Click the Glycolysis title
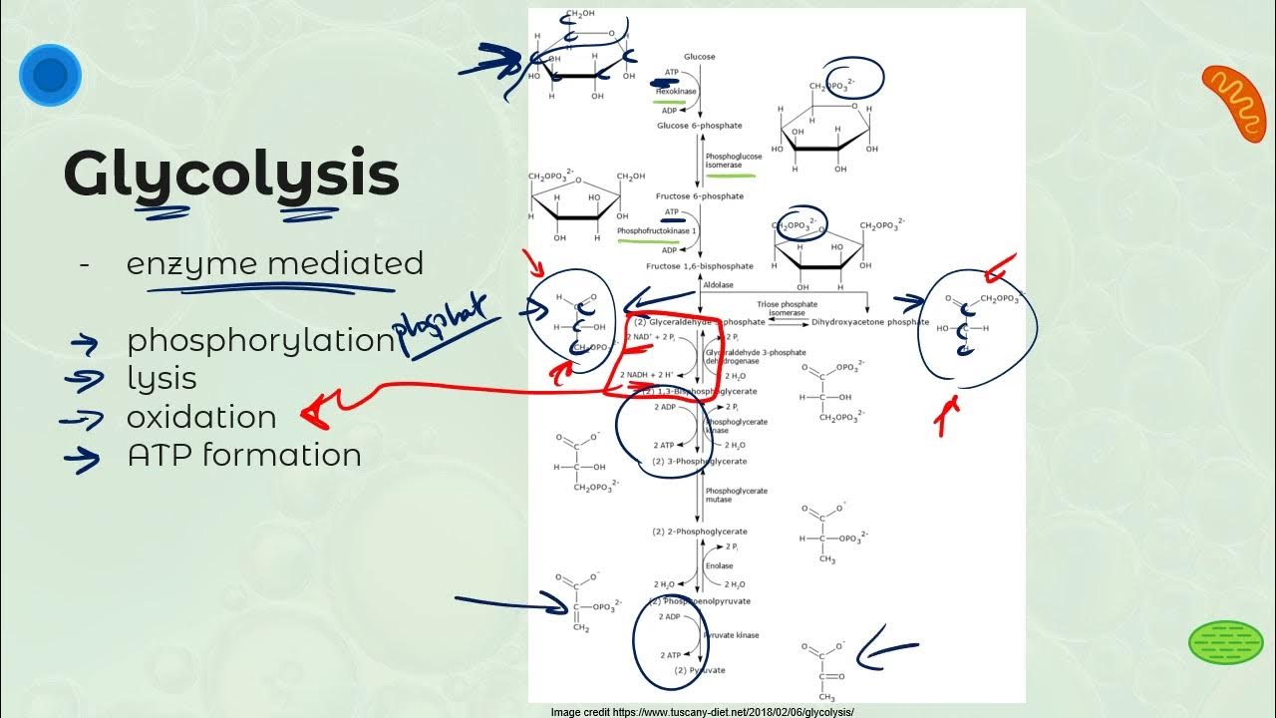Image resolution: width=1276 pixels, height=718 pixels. tap(231, 175)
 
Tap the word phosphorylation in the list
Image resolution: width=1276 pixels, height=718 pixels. tap(261, 341)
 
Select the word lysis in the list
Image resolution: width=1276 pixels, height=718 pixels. tap(161, 379)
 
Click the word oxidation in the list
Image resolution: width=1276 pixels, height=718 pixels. tap(201, 417)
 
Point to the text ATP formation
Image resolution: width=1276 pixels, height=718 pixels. tap(244, 456)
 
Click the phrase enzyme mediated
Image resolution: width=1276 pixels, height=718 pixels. tap(275, 264)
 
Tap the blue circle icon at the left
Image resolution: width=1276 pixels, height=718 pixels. tap(50, 75)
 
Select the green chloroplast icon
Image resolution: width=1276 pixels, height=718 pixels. tap(1226, 642)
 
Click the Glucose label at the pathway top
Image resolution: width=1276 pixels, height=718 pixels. tap(699, 57)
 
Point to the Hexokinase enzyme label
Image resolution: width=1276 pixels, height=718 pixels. tap(675, 91)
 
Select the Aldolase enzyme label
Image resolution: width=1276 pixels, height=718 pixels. tap(718, 285)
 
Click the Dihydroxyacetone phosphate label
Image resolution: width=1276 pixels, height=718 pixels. tap(871, 322)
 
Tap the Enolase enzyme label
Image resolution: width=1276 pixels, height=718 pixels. tap(719, 565)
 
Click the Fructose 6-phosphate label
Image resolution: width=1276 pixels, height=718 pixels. tap(699, 196)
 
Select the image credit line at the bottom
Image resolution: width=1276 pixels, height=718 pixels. tap(702, 712)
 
